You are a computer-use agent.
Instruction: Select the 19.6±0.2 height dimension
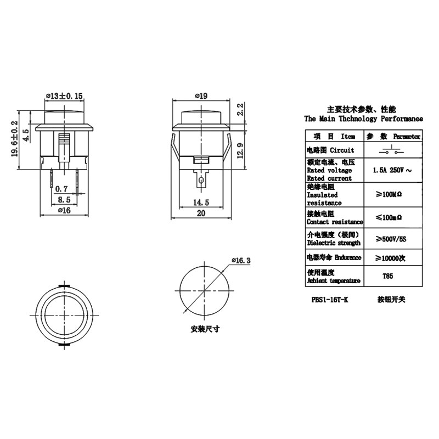(15, 139)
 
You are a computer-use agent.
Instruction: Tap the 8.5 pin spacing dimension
(64, 199)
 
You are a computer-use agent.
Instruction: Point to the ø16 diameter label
(64, 209)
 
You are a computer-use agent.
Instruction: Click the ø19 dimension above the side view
(201, 96)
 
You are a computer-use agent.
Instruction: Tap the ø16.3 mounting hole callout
(240, 260)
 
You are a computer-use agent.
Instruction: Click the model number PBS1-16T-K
(329, 300)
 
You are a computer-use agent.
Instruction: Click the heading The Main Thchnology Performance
(363, 119)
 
